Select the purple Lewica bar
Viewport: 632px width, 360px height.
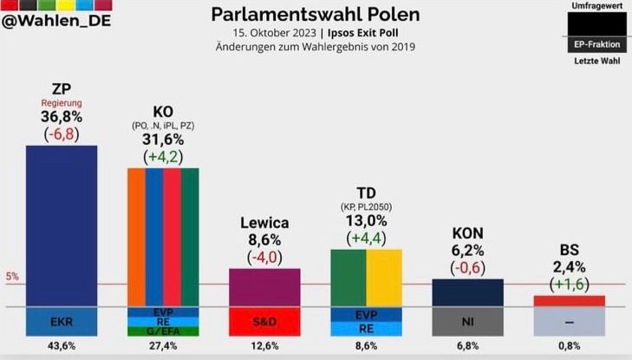click(x=264, y=286)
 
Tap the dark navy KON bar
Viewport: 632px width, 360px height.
click(x=467, y=292)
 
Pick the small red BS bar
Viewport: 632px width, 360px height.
click(x=570, y=301)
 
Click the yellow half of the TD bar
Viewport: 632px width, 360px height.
click(x=384, y=278)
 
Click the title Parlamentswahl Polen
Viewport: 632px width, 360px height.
click(x=316, y=15)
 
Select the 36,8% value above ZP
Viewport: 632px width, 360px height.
click(x=62, y=116)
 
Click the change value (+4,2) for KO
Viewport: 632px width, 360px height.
click(x=164, y=157)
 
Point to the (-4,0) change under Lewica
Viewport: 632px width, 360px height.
click(x=264, y=257)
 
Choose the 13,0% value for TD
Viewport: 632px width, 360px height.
click(x=366, y=221)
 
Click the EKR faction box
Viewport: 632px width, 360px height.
click(x=62, y=322)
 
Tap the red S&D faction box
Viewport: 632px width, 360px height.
click(x=264, y=322)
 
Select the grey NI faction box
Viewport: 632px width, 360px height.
click(x=467, y=322)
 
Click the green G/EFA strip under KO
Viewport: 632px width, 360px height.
click(x=164, y=331)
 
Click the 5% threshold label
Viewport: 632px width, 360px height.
click(x=13, y=278)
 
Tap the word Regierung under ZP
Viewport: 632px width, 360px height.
click(x=62, y=102)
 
